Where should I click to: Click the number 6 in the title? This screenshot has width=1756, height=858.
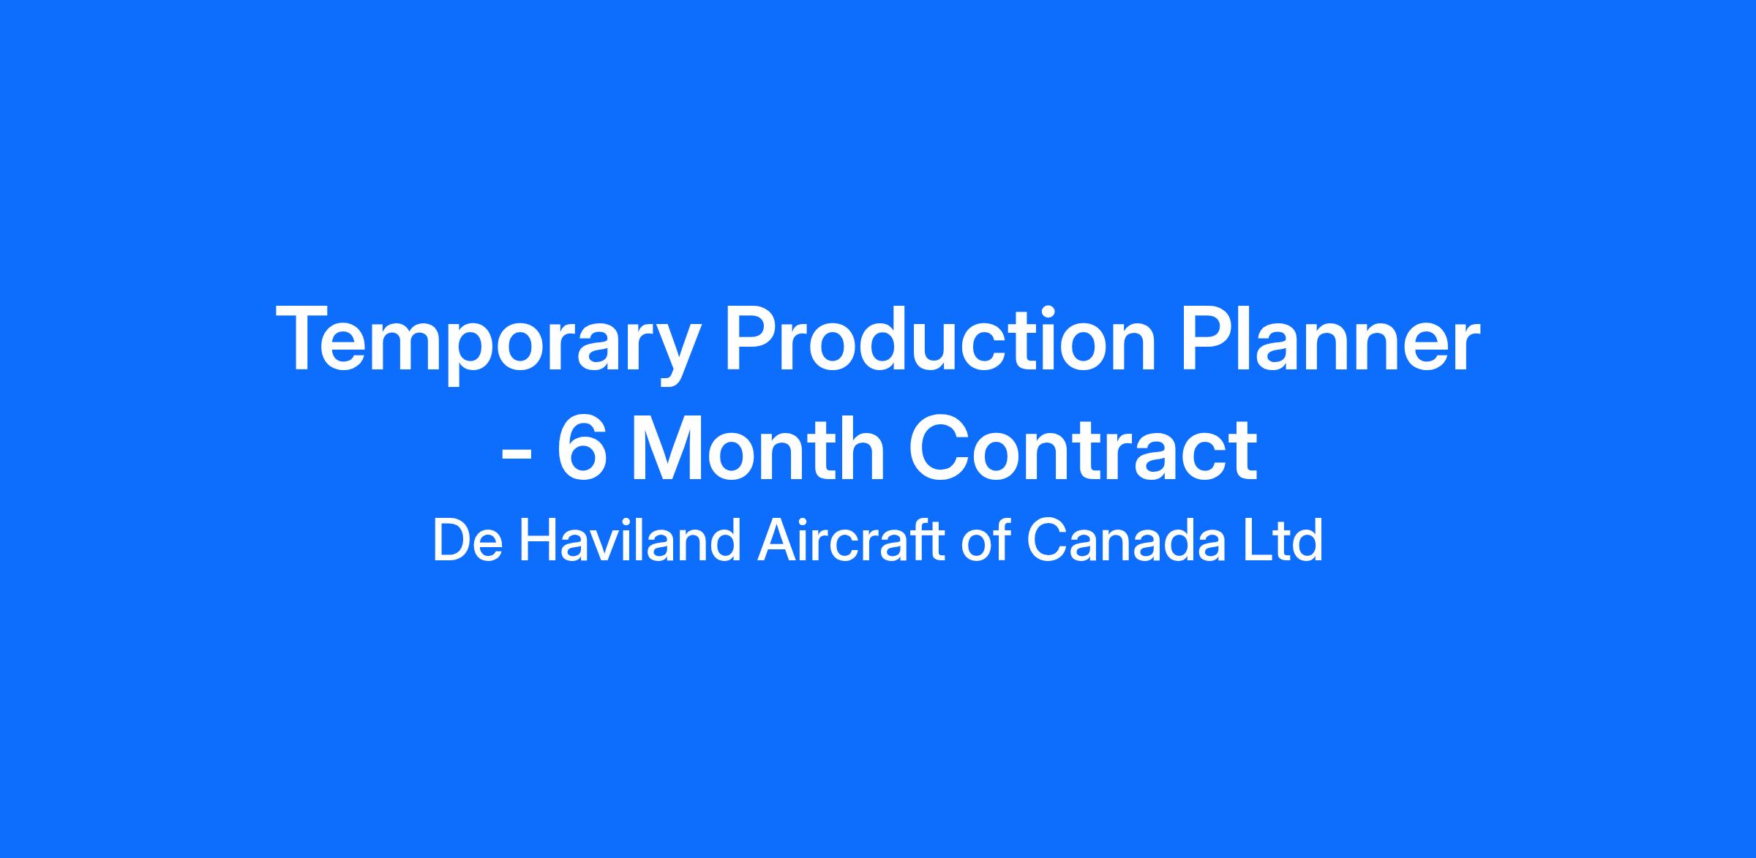tap(582, 448)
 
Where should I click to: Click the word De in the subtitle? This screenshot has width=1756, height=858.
tap(466, 541)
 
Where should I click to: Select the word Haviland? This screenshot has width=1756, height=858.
tap(630, 541)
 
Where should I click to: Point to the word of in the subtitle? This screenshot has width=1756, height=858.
tap(988, 541)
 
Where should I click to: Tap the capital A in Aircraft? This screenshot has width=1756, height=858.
tap(778, 541)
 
